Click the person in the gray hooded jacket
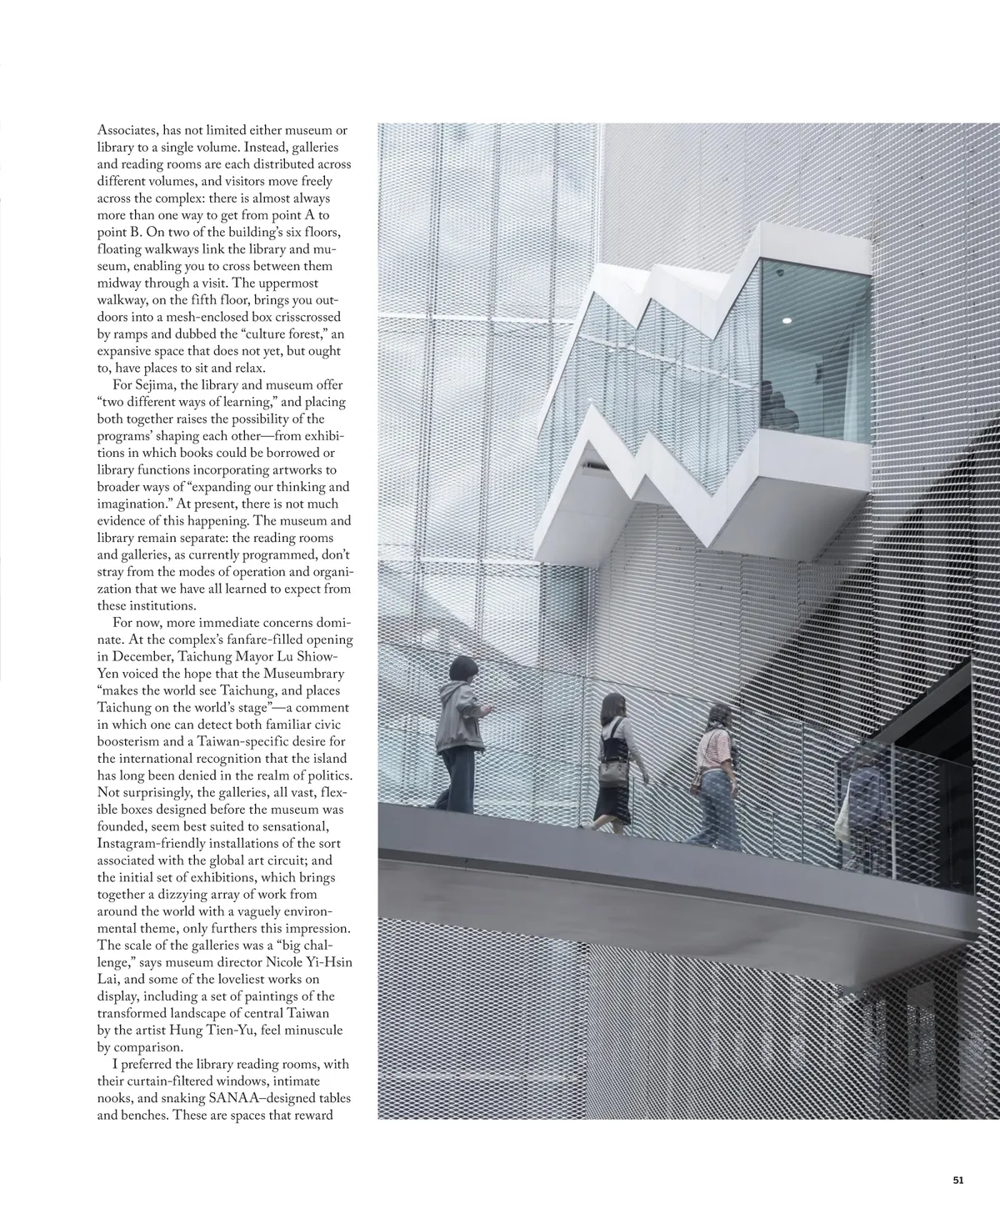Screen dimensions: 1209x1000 point(460,734)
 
